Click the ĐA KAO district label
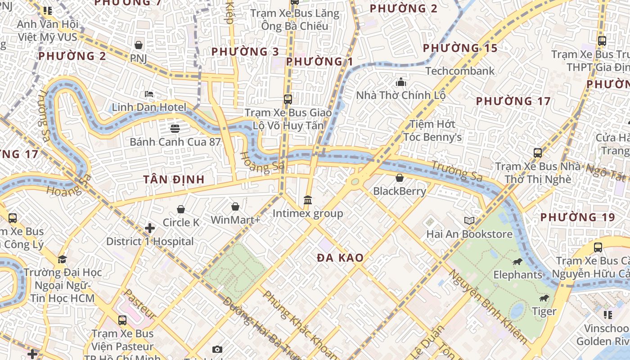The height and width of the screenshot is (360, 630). (x=340, y=258)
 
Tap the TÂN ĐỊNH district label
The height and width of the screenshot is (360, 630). (x=174, y=180)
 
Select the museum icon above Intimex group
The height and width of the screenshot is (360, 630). (x=308, y=200)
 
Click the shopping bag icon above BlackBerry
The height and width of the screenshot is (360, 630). (x=399, y=178)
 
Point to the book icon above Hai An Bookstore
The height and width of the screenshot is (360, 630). (x=469, y=220)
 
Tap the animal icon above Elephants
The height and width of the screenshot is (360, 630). (x=517, y=261)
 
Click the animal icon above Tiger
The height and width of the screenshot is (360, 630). (x=544, y=298)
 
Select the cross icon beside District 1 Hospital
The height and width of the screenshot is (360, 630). (x=150, y=229)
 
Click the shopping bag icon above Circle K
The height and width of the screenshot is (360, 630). (x=181, y=209)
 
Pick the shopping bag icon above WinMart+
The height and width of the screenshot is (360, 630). (x=235, y=207)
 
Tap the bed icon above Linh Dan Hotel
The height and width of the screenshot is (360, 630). (x=149, y=94)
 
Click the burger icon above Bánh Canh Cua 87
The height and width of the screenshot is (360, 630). (x=175, y=129)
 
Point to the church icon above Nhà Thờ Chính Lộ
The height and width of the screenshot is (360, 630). (x=400, y=82)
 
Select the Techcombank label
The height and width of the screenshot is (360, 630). (x=459, y=71)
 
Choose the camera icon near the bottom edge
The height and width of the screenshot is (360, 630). (x=217, y=349)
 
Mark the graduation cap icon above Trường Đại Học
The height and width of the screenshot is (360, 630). (x=62, y=260)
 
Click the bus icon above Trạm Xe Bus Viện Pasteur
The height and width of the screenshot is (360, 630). (x=122, y=320)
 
